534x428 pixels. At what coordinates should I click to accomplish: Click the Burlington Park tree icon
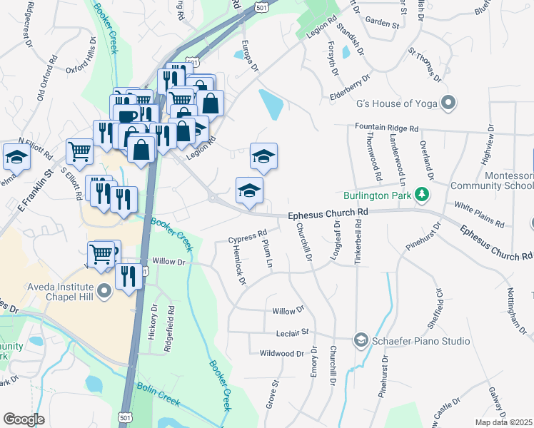423,194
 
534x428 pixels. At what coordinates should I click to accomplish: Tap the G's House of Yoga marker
448,103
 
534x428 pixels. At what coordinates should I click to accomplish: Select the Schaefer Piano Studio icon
361,341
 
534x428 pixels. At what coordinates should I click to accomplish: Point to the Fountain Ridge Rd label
386,128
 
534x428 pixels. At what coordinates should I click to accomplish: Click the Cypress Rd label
247,235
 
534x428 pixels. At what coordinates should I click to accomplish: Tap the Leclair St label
292,332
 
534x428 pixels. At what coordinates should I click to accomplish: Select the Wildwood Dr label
282,353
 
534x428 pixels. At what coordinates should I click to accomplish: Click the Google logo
24,419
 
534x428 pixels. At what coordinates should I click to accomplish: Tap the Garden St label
382,24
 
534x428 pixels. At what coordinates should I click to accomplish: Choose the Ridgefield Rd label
171,325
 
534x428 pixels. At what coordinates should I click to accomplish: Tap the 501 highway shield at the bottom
126,417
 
